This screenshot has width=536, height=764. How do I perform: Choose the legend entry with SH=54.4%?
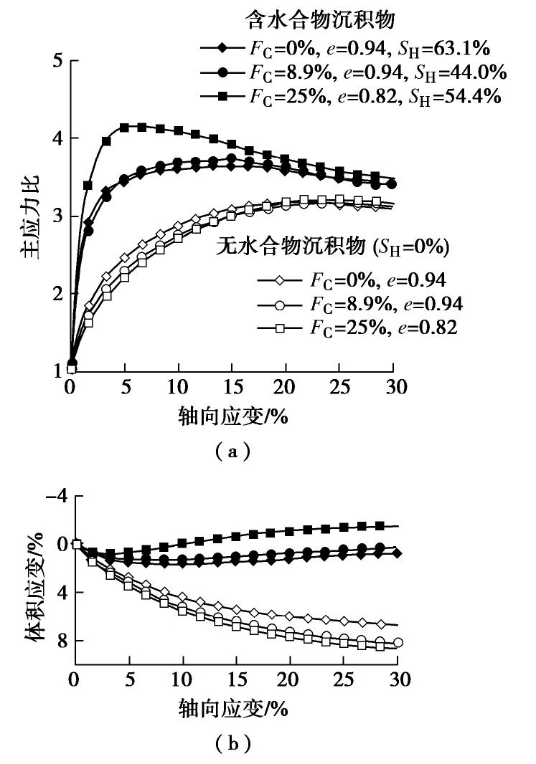(352, 96)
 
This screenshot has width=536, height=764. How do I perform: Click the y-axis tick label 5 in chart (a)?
(55, 61)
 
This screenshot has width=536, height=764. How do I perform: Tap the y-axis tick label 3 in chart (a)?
(55, 216)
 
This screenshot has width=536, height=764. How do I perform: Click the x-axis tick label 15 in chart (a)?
(232, 389)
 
